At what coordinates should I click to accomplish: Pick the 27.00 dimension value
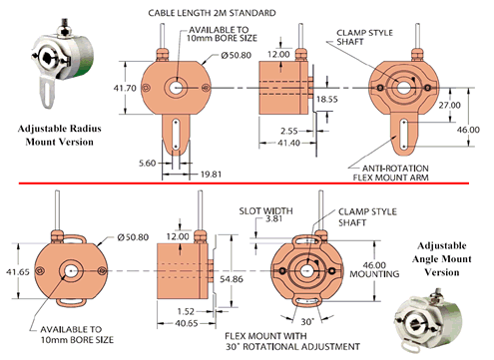448,104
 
